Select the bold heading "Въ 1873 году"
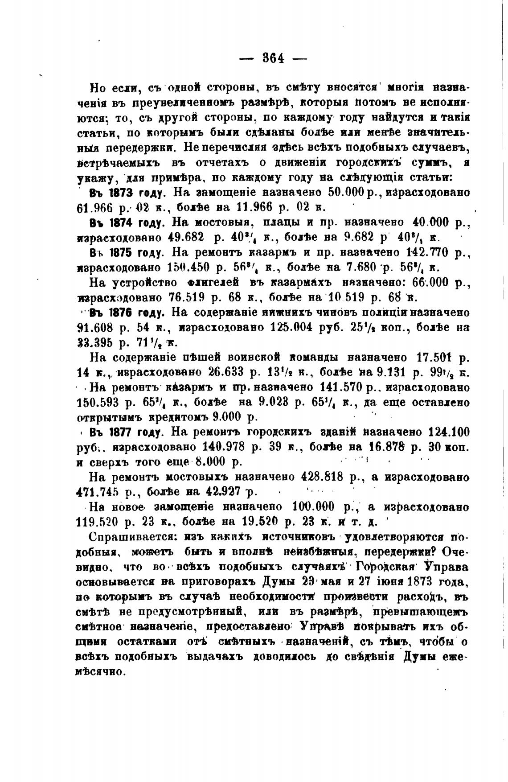click(128, 193)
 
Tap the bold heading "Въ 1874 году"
click(127, 222)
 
